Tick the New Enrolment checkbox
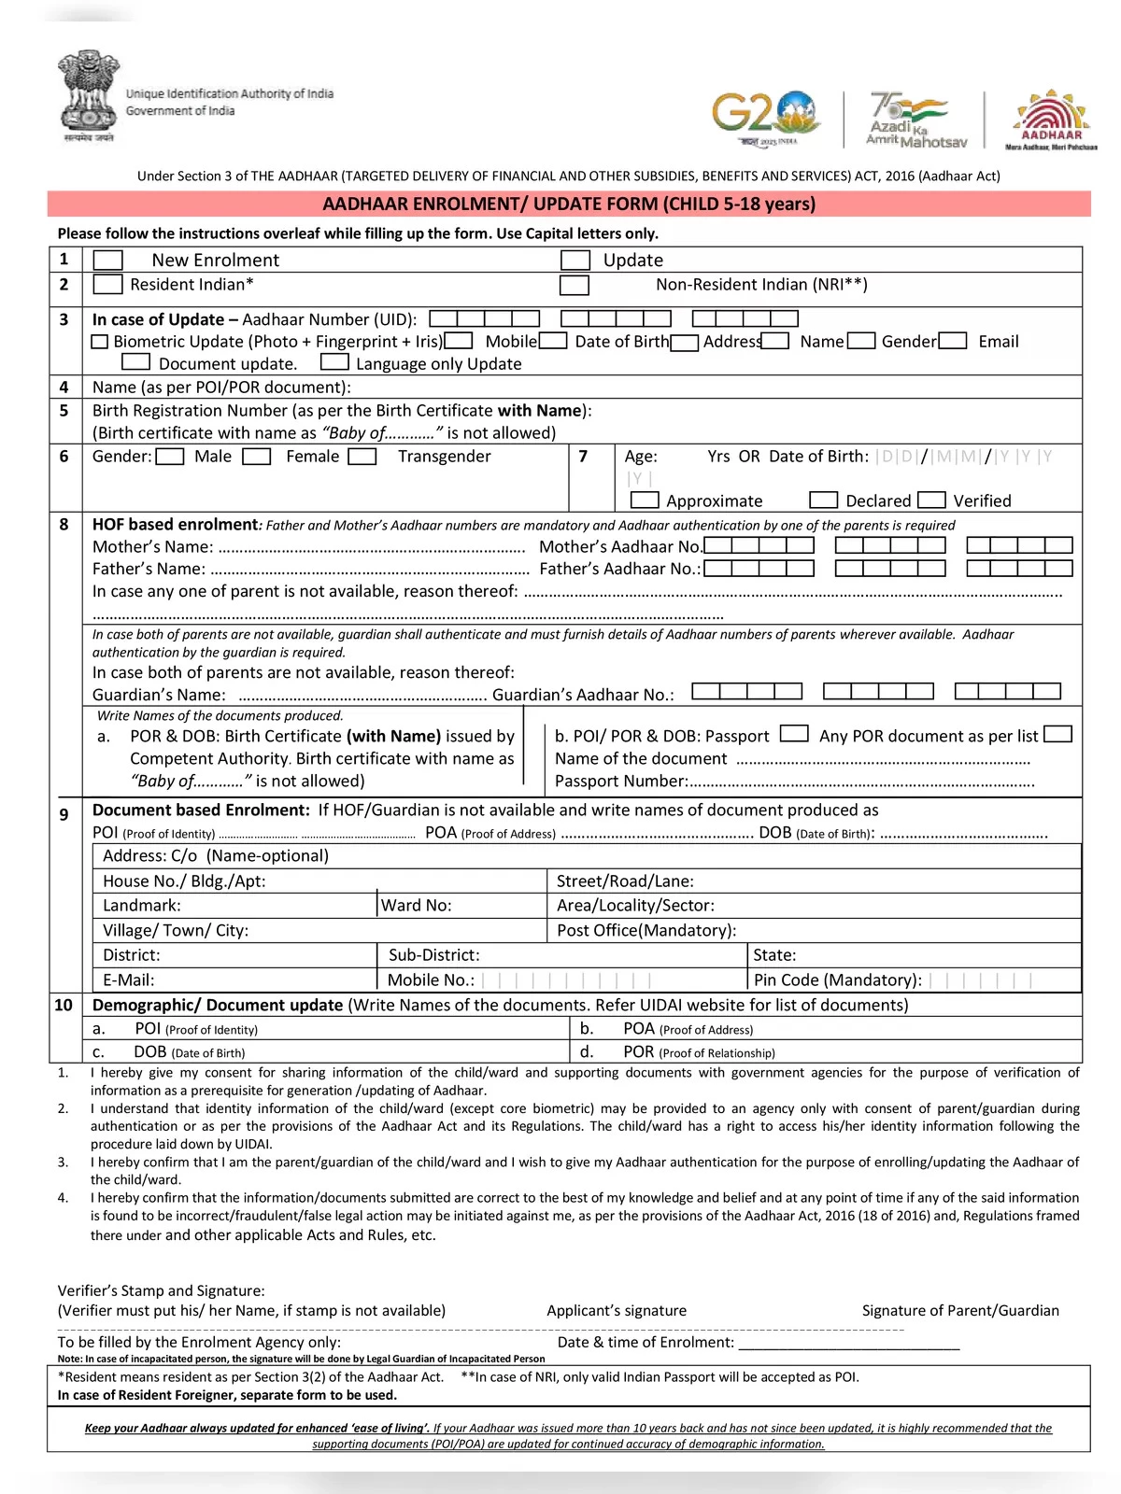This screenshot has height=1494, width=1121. [x=108, y=261]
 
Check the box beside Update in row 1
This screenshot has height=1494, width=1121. [x=575, y=261]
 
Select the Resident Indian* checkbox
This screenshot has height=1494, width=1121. [x=108, y=285]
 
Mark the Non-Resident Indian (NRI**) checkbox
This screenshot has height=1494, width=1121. [x=575, y=285]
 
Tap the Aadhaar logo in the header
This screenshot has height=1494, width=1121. [x=1051, y=120]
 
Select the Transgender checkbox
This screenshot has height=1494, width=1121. [x=362, y=457]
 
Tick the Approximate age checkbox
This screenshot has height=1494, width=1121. [x=645, y=500]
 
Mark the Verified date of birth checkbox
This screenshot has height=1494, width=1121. [x=931, y=500]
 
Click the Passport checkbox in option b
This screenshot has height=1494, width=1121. [x=794, y=734]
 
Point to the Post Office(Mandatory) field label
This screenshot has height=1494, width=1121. [x=646, y=930]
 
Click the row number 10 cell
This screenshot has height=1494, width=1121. [x=64, y=1005]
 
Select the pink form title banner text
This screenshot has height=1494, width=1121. [x=569, y=204]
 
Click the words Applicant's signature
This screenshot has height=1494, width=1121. [x=617, y=1310]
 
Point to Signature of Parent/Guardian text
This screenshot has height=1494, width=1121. [x=960, y=1310]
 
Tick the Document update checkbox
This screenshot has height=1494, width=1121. [x=135, y=361]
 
